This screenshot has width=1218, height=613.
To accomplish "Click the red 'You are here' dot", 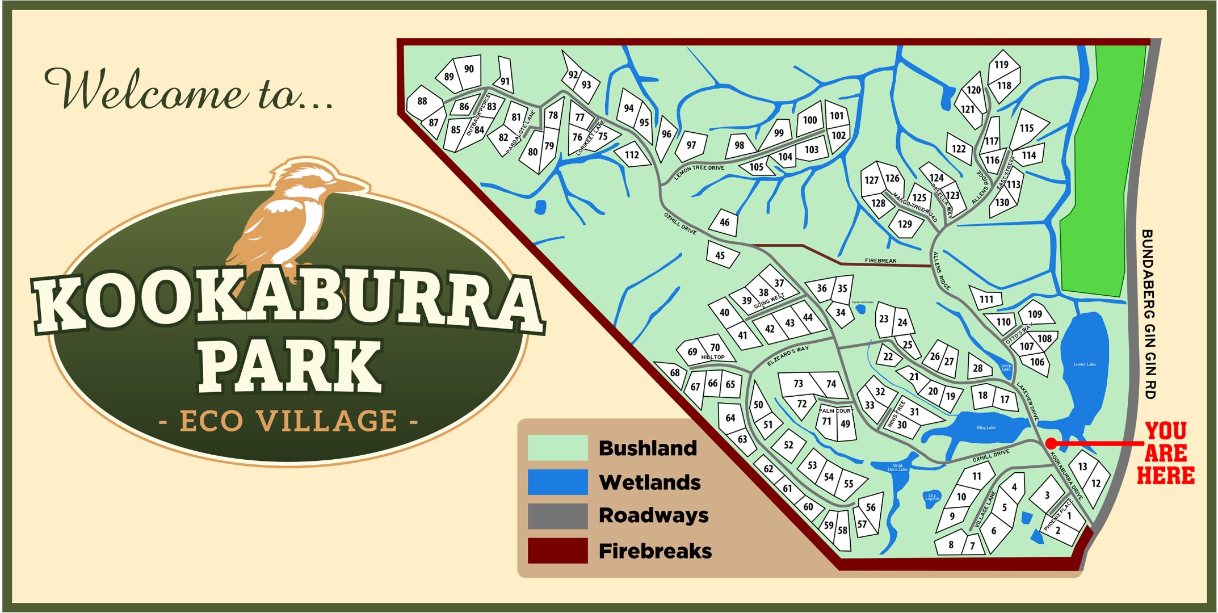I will point(1051,443).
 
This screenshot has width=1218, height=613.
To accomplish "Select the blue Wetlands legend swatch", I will point(557,482).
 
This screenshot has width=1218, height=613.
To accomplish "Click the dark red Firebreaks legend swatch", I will point(557,551).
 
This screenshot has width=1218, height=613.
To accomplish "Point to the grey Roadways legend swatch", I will point(557,516).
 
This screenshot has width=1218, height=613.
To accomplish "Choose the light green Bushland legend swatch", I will point(557,448).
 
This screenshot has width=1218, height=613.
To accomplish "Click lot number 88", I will point(422,101).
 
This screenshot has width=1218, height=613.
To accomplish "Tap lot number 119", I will point(1001,65).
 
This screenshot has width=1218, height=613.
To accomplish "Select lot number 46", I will point(724,222).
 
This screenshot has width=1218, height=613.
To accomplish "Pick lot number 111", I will point(986,299).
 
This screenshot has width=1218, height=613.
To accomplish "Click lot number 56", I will point(871,507).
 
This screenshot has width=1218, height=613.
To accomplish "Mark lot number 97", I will point(691,145).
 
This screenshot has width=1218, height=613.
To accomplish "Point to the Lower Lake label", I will point(1085,364).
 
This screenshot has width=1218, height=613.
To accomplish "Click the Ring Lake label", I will point(986,427).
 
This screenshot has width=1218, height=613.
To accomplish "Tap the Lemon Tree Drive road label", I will point(699,172).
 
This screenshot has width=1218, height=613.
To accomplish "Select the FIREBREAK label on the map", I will point(880,261).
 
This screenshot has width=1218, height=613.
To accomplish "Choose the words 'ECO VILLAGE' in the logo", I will point(288,421).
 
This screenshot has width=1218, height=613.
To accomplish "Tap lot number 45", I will point(720,255).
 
